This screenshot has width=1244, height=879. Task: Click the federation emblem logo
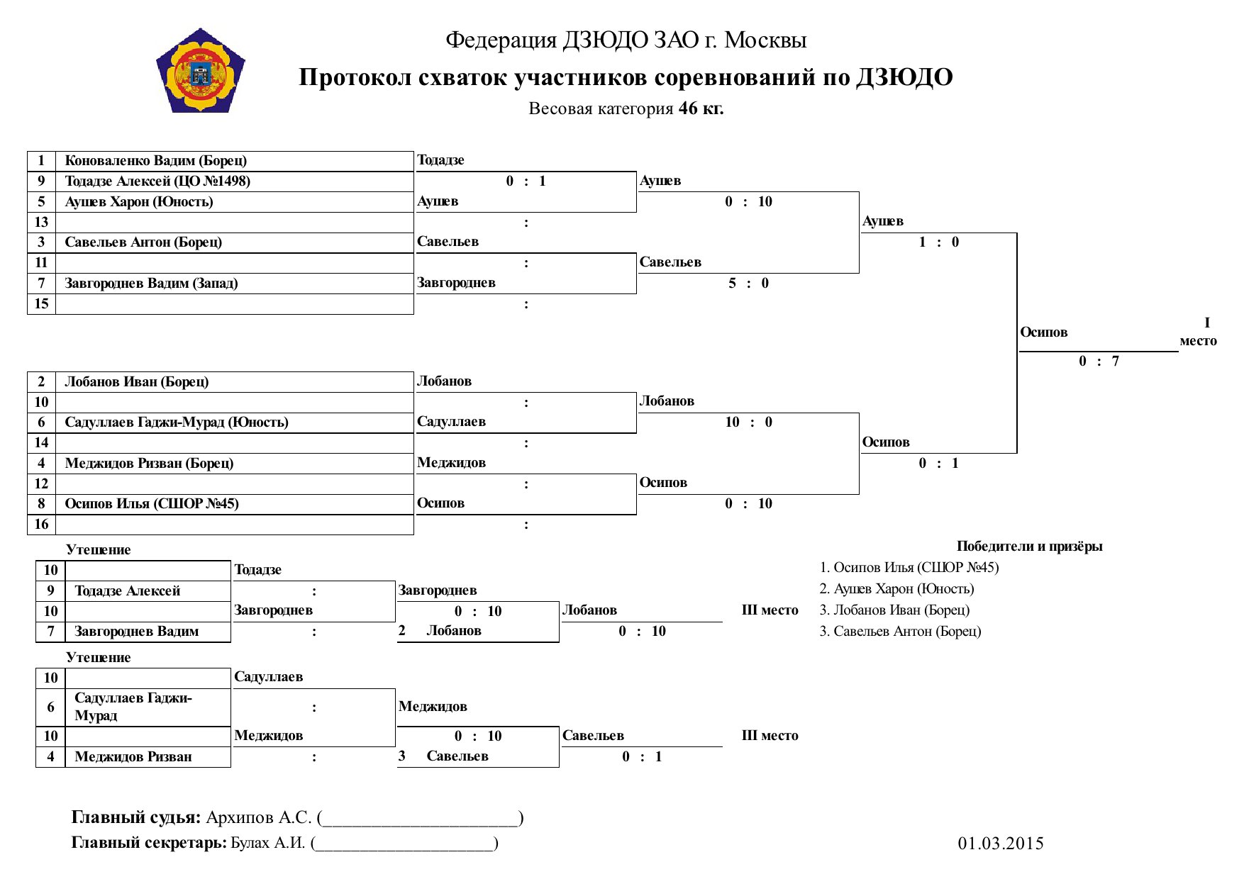point(201,70)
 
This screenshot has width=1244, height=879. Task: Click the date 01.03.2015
point(1001,843)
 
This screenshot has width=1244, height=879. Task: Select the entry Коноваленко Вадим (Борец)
point(156,160)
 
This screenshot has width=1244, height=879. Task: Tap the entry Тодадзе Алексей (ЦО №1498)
point(157,181)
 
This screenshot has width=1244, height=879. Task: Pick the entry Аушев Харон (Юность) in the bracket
point(139,201)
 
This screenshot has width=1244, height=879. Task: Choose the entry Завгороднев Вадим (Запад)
point(151,283)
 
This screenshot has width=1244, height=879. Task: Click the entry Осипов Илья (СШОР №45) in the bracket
point(152,503)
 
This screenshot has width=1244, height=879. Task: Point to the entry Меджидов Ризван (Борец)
point(149,463)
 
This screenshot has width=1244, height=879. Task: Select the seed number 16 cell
point(42,524)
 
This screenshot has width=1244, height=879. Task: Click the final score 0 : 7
point(1099,361)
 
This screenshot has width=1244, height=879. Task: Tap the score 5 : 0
point(748,283)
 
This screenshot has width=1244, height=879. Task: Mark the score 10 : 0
point(748,422)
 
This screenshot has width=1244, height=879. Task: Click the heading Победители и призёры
point(1029,546)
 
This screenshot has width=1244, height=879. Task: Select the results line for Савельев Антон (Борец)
point(900,631)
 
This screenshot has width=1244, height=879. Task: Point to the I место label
point(1199,332)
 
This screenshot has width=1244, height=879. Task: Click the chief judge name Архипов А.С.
point(259,817)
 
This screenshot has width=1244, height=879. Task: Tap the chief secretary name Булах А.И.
point(268,843)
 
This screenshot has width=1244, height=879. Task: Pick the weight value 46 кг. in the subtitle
point(701,108)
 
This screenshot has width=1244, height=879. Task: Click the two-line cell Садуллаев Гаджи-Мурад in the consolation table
point(133,707)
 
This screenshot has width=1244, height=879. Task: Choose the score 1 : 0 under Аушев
point(938,242)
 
